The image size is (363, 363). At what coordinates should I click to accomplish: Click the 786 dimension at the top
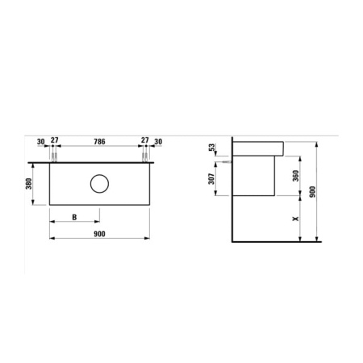click(x=99, y=141)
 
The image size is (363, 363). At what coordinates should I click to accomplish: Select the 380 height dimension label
click(x=29, y=185)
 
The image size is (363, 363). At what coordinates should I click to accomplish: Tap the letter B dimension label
click(x=74, y=217)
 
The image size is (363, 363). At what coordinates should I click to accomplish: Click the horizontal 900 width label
click(x=99, y=233)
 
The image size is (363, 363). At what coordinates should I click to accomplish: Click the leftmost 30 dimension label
click(x=41, y=141)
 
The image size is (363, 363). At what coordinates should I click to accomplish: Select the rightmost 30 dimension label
click(x=157, y=141)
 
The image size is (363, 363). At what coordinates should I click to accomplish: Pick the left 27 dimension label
click(x=54, y=141)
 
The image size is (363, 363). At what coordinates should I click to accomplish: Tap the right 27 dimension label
click(x=145, y=141)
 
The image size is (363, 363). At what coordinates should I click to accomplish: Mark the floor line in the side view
click(x=274, y=241)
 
